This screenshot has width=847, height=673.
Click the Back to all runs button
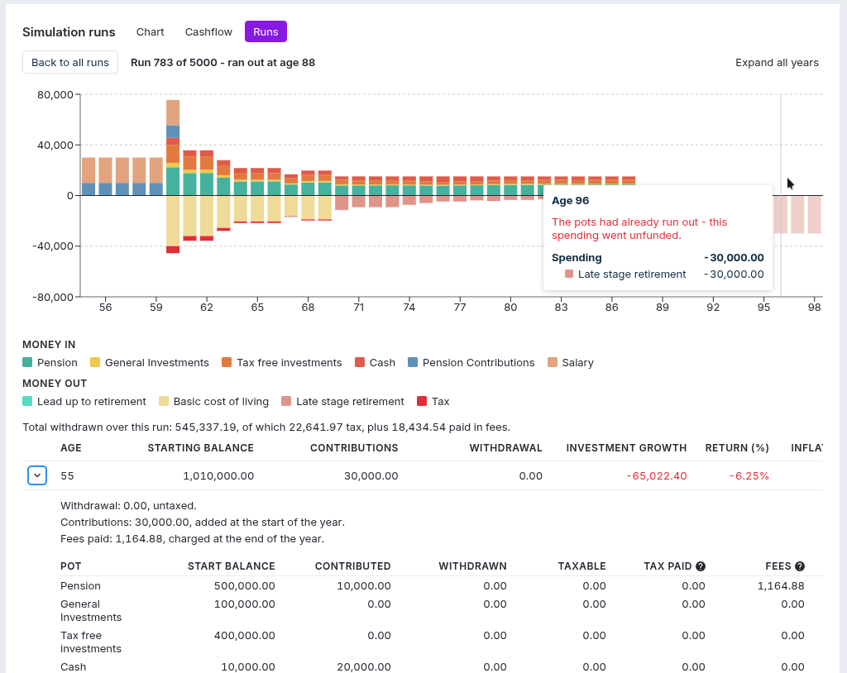tap(70, 62)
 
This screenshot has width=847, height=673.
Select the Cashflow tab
tap(208, 32)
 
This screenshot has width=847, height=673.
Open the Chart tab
tap(151, 32)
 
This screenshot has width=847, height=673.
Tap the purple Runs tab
tap(266, 32)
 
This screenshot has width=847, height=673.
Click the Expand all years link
tap(777, 63)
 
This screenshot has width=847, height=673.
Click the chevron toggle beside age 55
tap(37, 476)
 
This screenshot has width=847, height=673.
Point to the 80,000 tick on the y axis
tap(55, 94)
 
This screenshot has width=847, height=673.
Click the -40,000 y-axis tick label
tap(53, 246)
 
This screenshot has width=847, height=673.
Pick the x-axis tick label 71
tap(359, 308)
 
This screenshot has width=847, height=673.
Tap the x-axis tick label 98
tap(815, 308)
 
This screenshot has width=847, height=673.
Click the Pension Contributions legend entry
tap(471, 362)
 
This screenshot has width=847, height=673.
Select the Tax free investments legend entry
tap(282, 362)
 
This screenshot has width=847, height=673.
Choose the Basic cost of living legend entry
tap(214, 401)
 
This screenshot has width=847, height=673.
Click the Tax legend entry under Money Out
tap(433, 401)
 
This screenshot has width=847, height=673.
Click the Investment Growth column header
tap(627, 448)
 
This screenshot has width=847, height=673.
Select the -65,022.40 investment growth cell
tap(657, 476)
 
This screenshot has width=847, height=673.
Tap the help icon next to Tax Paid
tap(701, 566)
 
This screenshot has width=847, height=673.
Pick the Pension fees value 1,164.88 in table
tap(781, 586)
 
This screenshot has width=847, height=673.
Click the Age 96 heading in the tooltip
tap(571, 201)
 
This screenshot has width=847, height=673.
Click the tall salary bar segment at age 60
tap(173, 113)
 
